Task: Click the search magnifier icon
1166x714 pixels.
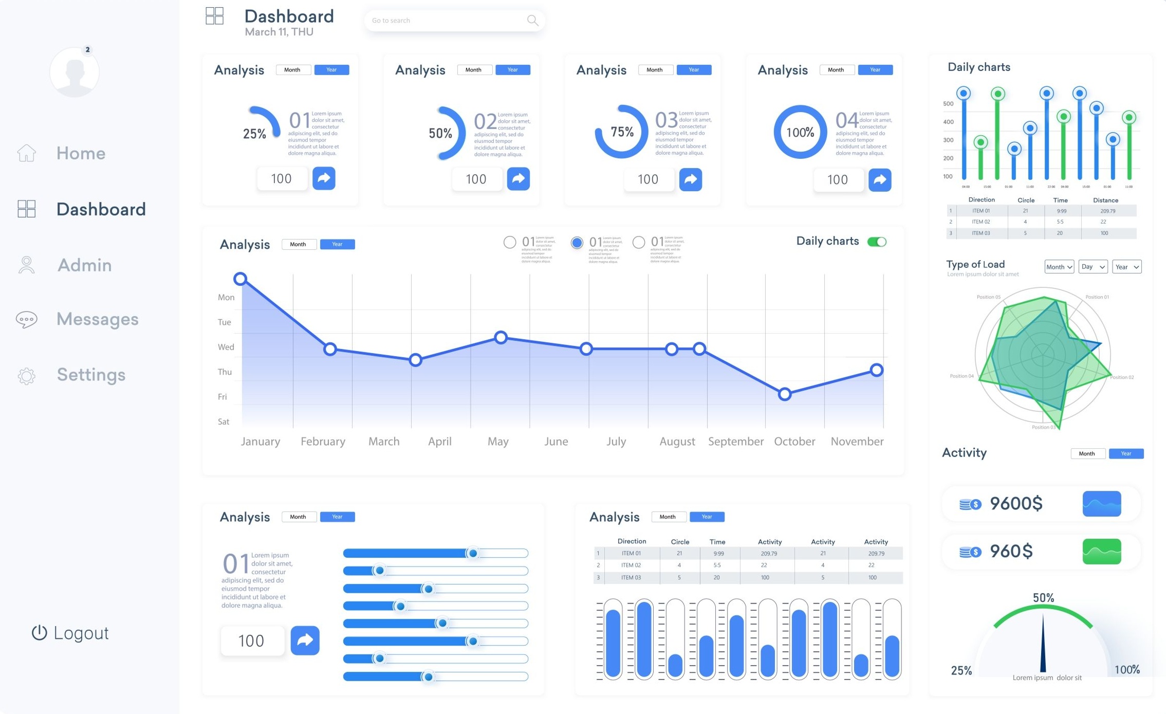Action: tap(532, 21)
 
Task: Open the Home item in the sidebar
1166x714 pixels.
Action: tap(81, 153)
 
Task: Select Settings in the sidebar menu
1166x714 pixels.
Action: tap(91, 375)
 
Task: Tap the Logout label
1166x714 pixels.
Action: tap(81, 633)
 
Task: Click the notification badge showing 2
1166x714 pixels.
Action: tap(88, 50)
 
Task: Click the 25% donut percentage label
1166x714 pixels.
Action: tap(254, 134)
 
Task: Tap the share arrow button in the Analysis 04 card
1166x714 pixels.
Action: tap(880, 179)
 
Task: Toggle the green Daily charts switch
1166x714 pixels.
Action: tap(877, 242)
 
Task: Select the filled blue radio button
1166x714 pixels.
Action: tap(577, 243)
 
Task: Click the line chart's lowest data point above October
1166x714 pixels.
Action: tap(784, 394)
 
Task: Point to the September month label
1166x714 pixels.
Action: tap(735, 441)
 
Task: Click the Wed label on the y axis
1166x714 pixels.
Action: tap(226, 347)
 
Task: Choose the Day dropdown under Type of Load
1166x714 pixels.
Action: tap(1093, 267)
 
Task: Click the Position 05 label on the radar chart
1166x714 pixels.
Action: tap(988, 297)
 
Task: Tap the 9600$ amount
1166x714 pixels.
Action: tap(1016, 503)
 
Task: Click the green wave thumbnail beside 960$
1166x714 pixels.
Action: tap(1102, 552)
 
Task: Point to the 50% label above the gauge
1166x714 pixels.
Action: tap(1043, 598)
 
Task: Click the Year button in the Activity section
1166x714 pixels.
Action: tap(1126, 453)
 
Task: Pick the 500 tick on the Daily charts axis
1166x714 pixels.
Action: tap(948, 103)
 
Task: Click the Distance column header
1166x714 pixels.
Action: tap(1105, 200)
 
